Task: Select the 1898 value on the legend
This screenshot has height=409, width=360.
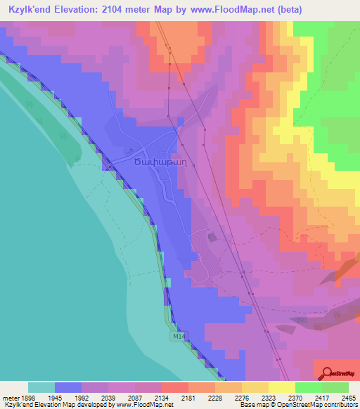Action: tap(26, 397)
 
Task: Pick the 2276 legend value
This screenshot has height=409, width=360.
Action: tap(228, 397)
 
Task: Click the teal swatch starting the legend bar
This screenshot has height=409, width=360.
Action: tap(41, 387)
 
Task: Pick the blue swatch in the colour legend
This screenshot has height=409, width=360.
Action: tap(67, 387)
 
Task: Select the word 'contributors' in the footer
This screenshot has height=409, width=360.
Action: tap(337, 405)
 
